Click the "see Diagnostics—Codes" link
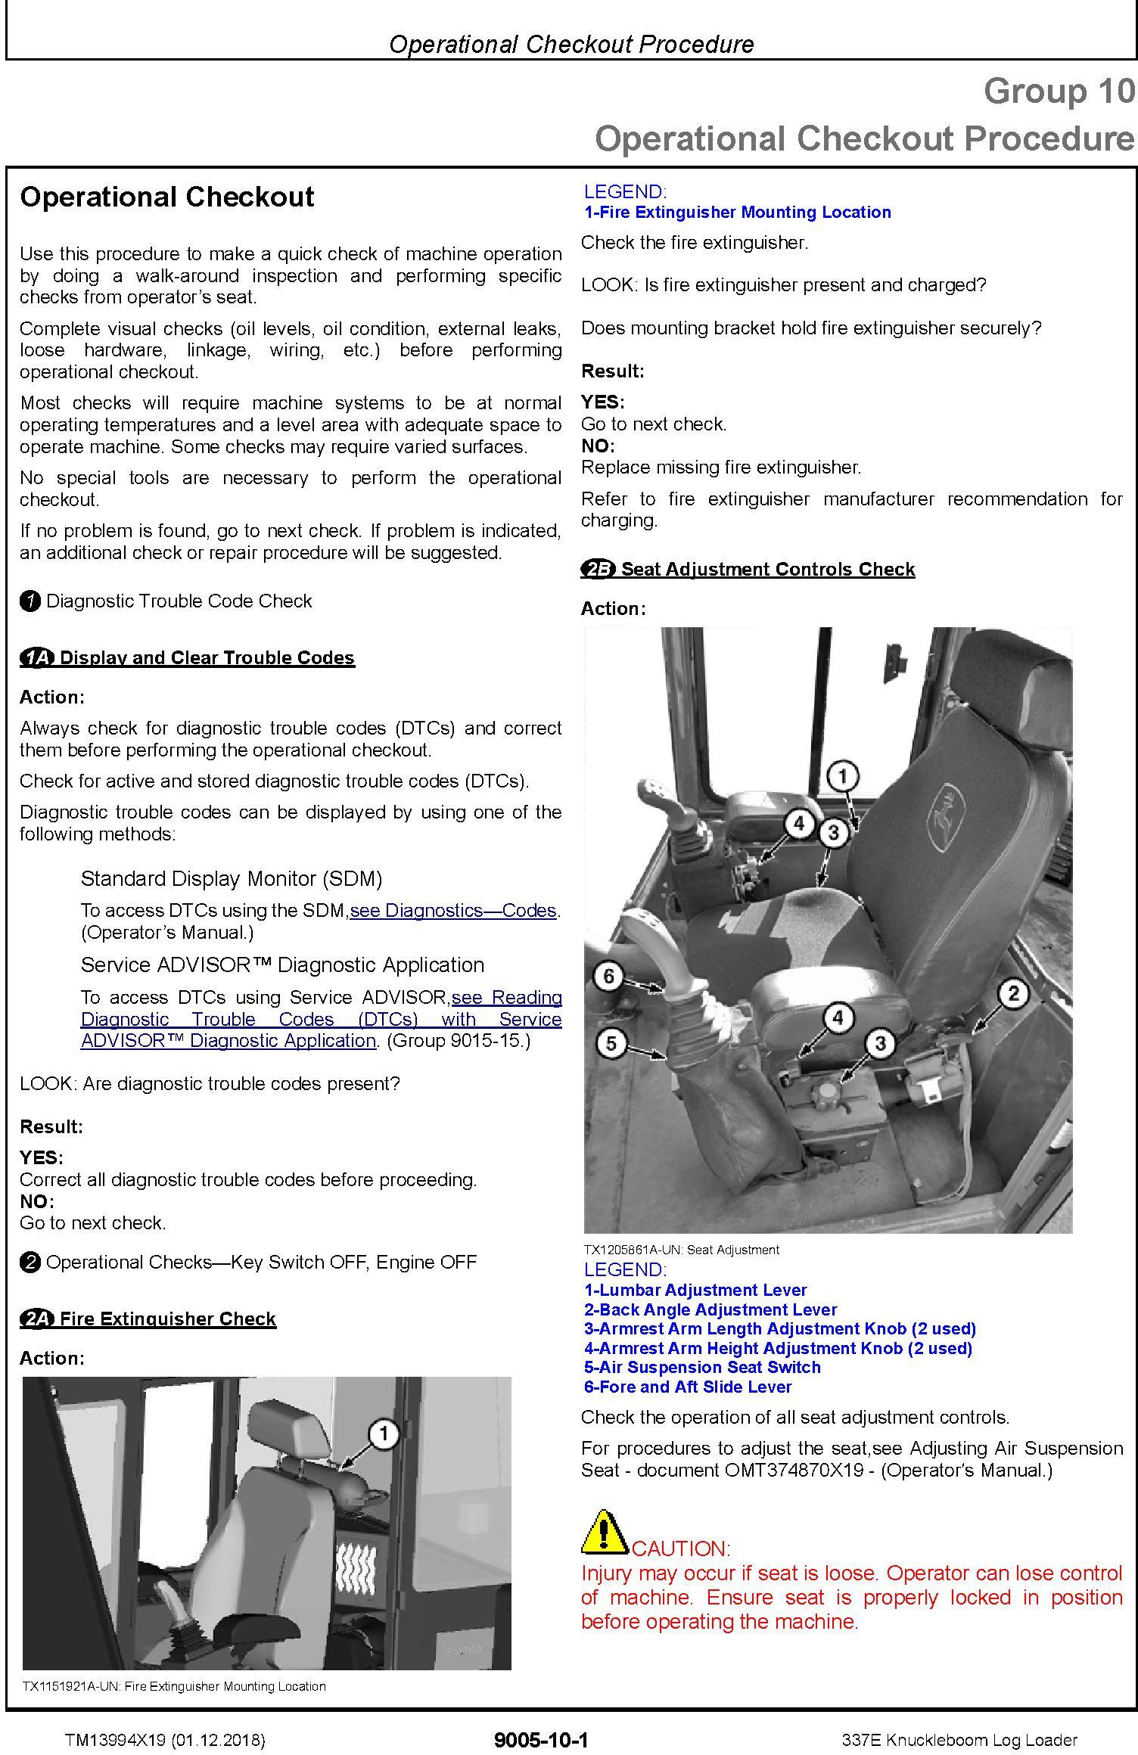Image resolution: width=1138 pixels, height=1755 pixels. coord(453,911)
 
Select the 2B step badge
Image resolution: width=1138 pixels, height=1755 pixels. coord(598,570)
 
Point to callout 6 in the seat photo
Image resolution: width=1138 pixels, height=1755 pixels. coord(609,977)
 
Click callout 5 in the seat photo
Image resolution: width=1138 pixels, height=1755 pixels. coord(611,1044)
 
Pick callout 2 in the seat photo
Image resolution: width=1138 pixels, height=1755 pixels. coord(1014,993)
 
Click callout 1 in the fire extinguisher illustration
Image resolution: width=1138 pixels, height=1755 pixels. coord(384,1434)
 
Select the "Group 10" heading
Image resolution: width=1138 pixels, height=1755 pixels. coord(1059,92)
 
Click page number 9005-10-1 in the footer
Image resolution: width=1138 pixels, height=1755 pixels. coord(540,1740)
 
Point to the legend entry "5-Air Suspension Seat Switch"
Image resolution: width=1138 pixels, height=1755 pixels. coord(702,1368)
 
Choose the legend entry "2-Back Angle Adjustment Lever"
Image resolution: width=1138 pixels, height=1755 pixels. coord(710,1310)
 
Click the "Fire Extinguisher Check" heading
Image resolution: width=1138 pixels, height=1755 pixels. coord(167,1319)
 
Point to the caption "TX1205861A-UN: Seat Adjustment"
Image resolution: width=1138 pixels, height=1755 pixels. coord(681,1250)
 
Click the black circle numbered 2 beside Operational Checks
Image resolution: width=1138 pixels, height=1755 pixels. coord(30,1263)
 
